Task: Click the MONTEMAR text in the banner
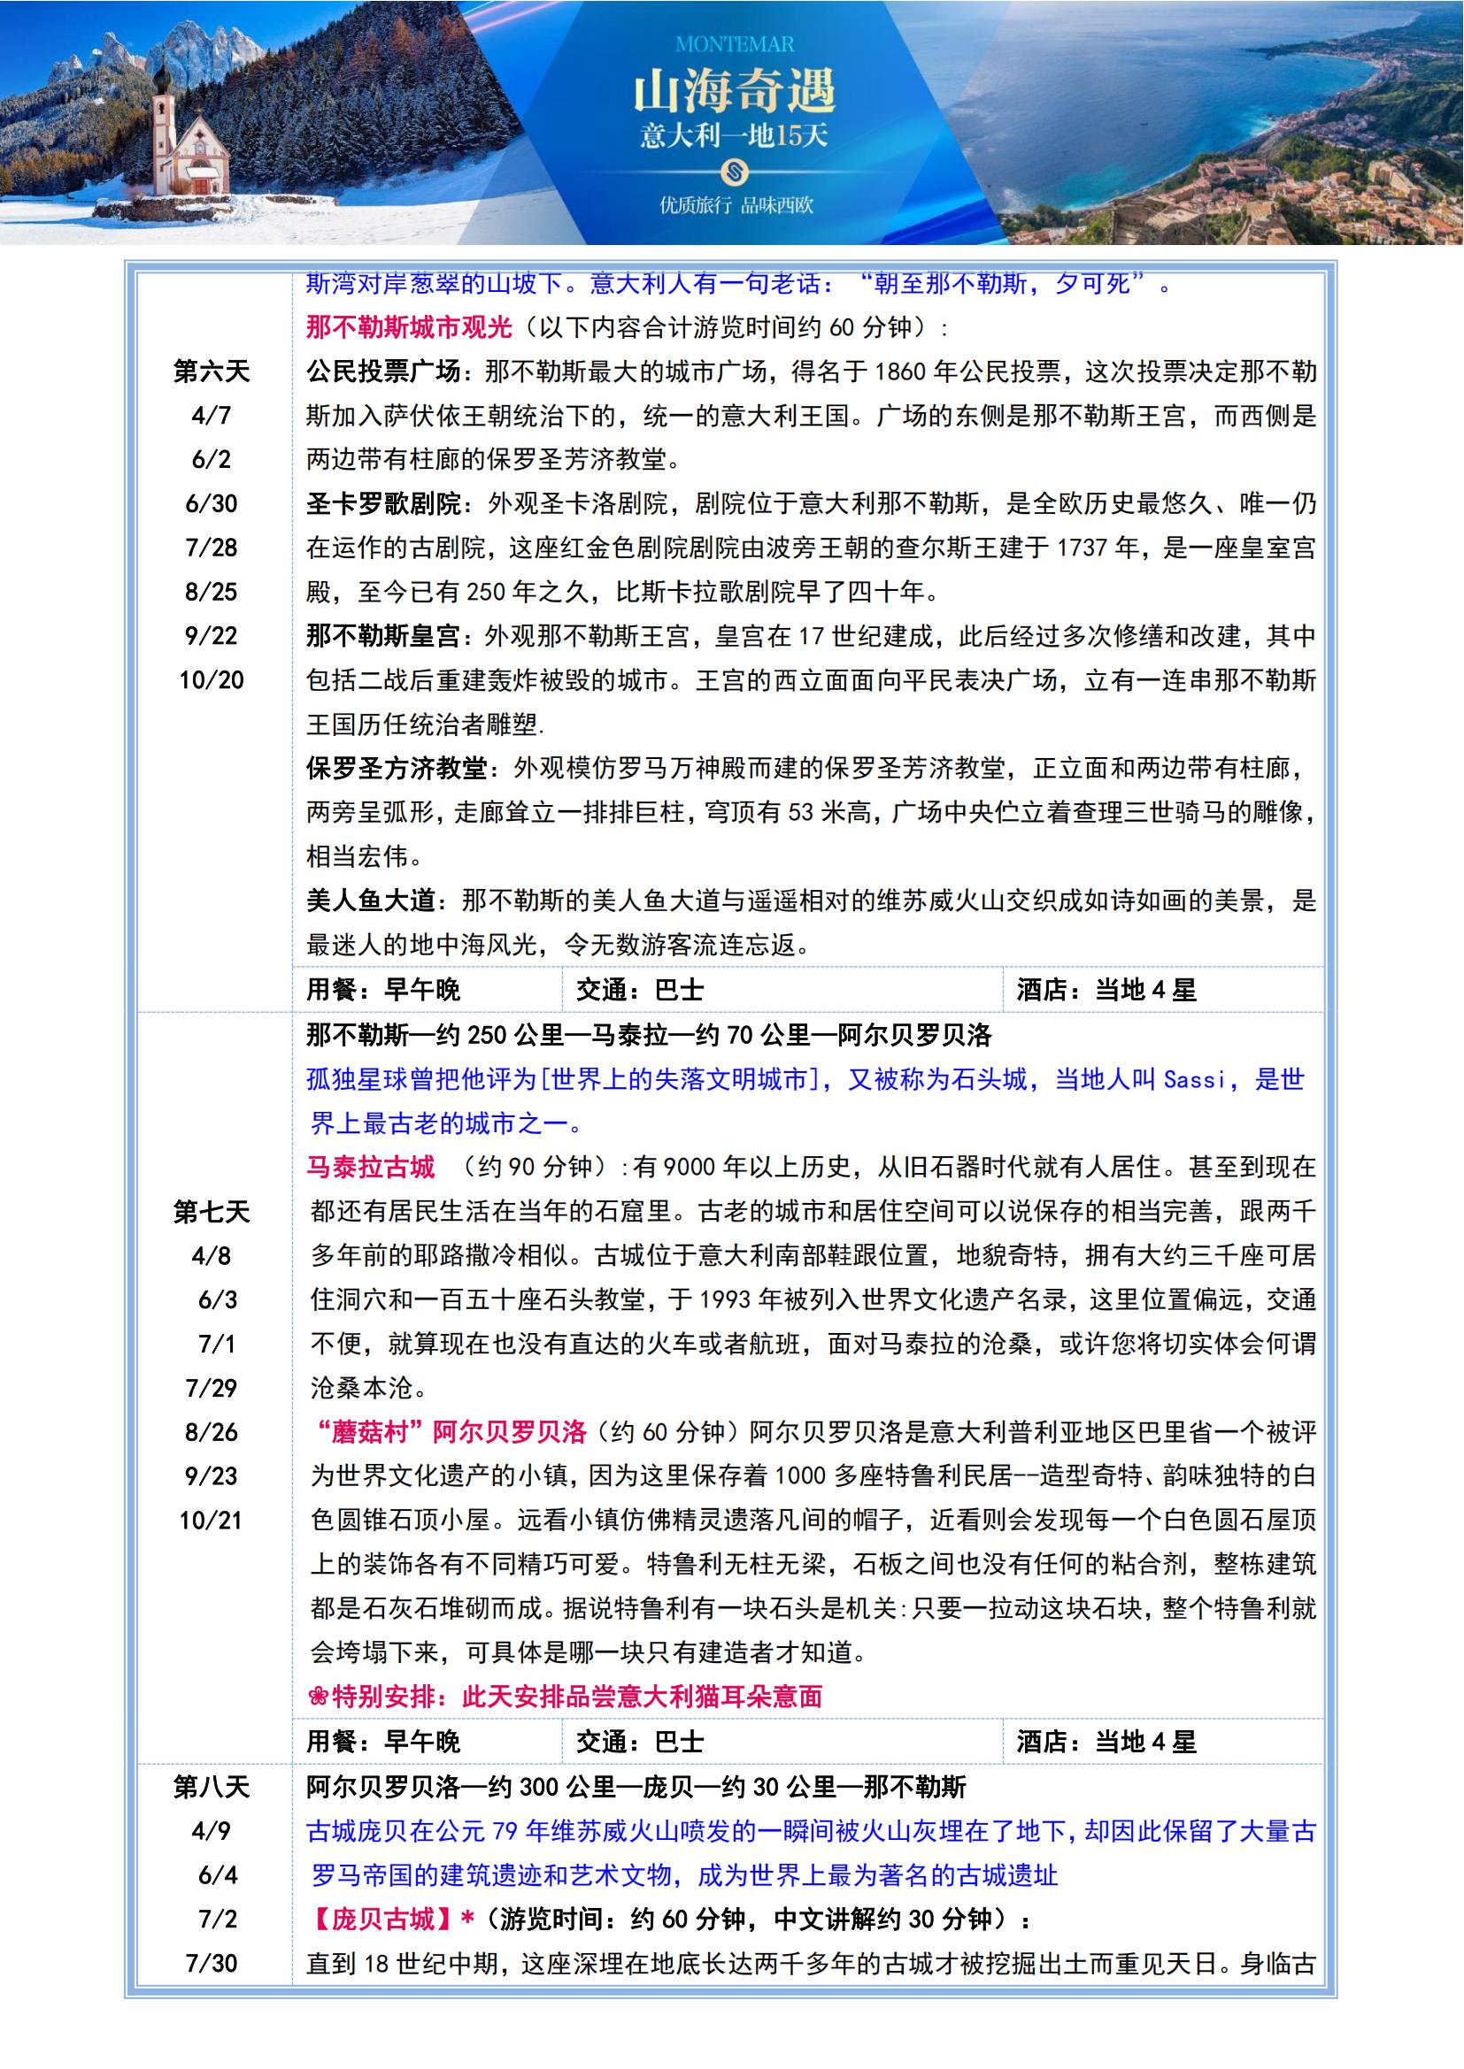734,44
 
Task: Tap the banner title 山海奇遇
734,91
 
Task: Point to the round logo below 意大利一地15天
735,171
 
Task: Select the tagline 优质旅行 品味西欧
736,205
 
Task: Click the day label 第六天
211,372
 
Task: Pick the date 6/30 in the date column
211,503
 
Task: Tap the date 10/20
211,680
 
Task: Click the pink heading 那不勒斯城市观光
408,327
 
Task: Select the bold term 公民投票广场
383,372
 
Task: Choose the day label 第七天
211,1212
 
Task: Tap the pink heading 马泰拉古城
370,1168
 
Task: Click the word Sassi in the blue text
1194,1079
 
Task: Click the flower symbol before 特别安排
316,1697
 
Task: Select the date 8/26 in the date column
211,1433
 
